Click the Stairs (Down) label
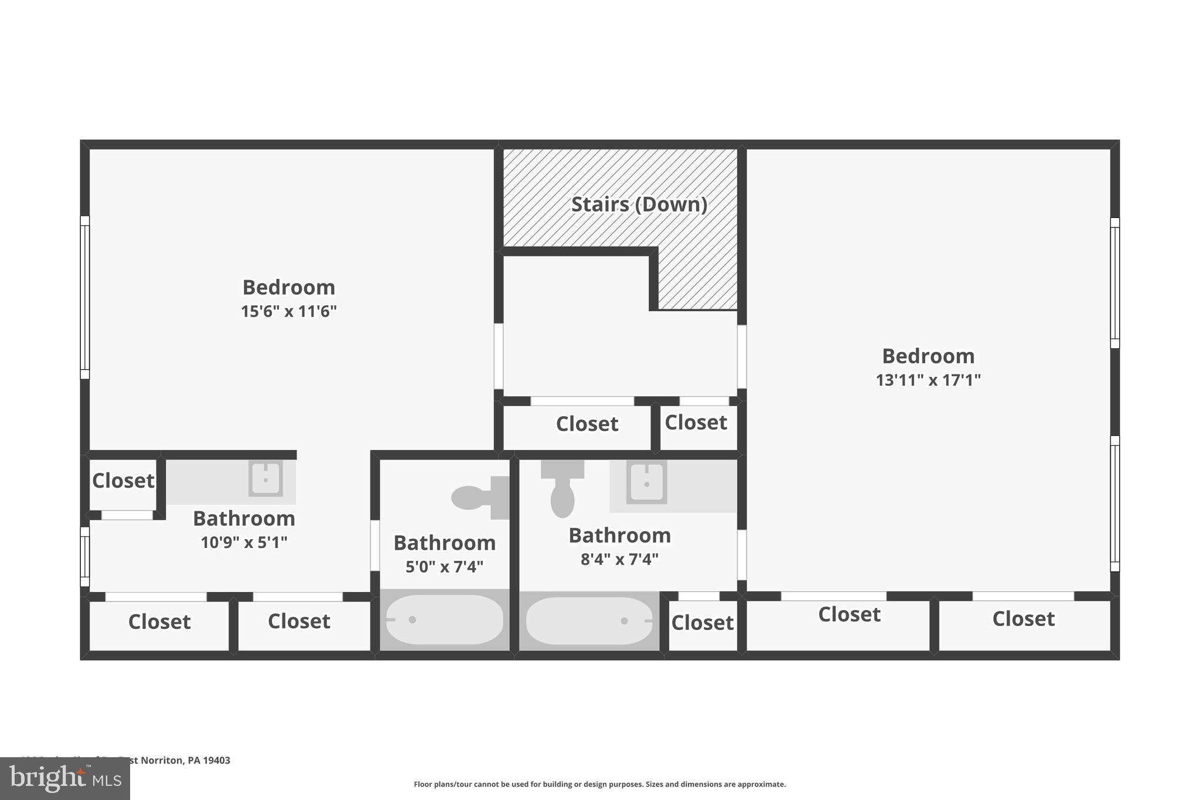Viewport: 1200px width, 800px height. coord(639,204)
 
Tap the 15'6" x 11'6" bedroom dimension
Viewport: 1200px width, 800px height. coord(288,311)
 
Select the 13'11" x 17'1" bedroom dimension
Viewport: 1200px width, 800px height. coord(928,380)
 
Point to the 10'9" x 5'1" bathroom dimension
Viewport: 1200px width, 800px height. coord(244,543)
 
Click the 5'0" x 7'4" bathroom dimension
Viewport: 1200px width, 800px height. coord(444,567)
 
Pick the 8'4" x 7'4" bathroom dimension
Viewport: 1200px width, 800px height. coord(619,559)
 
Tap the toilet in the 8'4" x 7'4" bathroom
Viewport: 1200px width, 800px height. coord(562,490)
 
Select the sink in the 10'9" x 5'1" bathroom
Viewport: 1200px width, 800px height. coord(265,478)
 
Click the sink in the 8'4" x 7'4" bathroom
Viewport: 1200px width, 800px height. coord(646,482)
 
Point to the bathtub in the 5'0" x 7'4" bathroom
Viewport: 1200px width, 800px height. coord(444,619)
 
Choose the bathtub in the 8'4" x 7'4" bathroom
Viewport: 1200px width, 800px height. coord(588,621)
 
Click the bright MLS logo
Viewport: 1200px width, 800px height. coord(65,778)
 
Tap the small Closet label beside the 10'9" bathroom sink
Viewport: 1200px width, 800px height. coord(123,481)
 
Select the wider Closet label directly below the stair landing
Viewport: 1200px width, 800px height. coord(587,424)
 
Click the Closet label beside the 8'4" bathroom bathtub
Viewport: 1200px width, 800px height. coord(702,622)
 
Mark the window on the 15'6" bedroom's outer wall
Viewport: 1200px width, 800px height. coord(85,297)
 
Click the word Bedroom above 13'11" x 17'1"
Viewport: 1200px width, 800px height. coord(928,356)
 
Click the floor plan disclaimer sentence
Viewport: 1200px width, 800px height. coord(599,784)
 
